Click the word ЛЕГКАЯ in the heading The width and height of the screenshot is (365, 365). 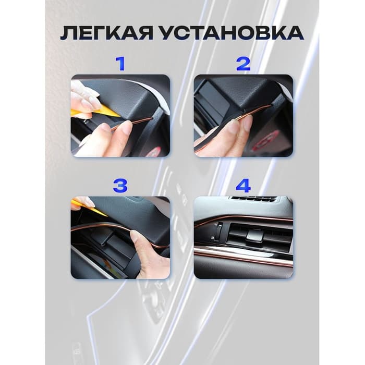[x=106, y=33]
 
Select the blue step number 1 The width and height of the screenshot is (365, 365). [x=120, y=64]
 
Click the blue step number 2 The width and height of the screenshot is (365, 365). [x=244, y=64]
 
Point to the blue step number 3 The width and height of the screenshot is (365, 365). [x=120, y=185]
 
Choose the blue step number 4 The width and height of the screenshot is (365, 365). [x=244, y=185]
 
